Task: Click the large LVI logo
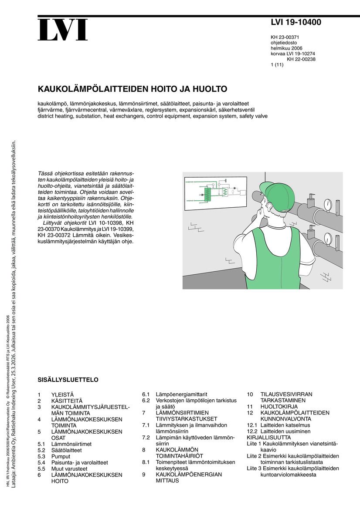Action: click(x=62, y=30)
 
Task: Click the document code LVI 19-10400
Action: click(x=296, y=23)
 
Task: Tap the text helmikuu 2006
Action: click(x=286, y=48)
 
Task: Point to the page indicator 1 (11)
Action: click(x=277, y=65)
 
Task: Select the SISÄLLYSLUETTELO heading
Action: click(x=68, y=380)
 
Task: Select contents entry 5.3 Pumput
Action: click(x=61, y=456)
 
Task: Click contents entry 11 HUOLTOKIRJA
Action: click(x=279, y=406)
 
